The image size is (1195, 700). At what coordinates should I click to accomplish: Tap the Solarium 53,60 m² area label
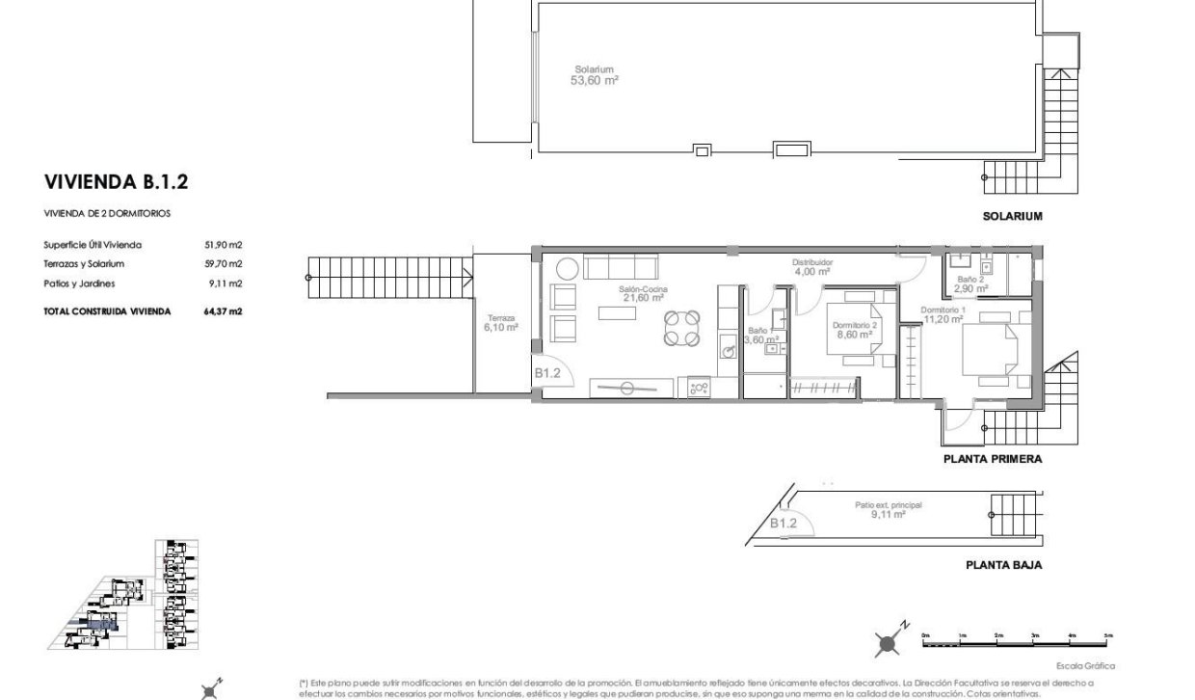[x=595, y=75]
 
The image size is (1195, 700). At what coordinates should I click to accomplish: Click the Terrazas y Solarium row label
[x=84, y=263]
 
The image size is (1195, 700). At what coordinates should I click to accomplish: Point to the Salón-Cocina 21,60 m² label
[x=645, y=294]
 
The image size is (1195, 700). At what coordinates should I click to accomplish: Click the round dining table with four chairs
[x=682, y=328]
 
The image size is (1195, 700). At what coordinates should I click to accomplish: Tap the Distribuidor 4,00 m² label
[x=811, y=266]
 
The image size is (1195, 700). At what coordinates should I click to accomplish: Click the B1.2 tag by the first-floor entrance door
[x=548, y=372]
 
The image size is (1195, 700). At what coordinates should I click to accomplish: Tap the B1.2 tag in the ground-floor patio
[x=783, y=523]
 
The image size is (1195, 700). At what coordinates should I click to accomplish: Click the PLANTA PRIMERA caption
[x=992, y=460]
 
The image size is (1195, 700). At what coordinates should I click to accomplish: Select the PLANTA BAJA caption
[x=1003, y=566]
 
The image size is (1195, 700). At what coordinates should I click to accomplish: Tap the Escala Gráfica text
[x=1085, y=666]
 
